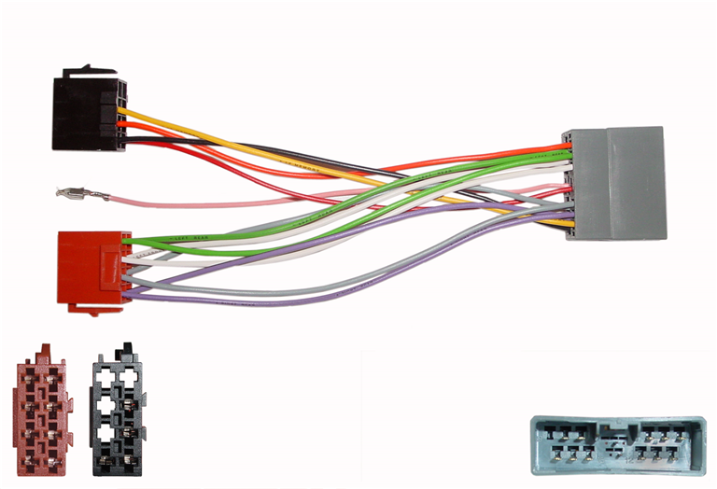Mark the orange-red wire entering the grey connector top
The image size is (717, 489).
pyautogui.click(x=523, y=149)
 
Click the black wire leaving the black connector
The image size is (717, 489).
pyautogui.click(x=187, y=142)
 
